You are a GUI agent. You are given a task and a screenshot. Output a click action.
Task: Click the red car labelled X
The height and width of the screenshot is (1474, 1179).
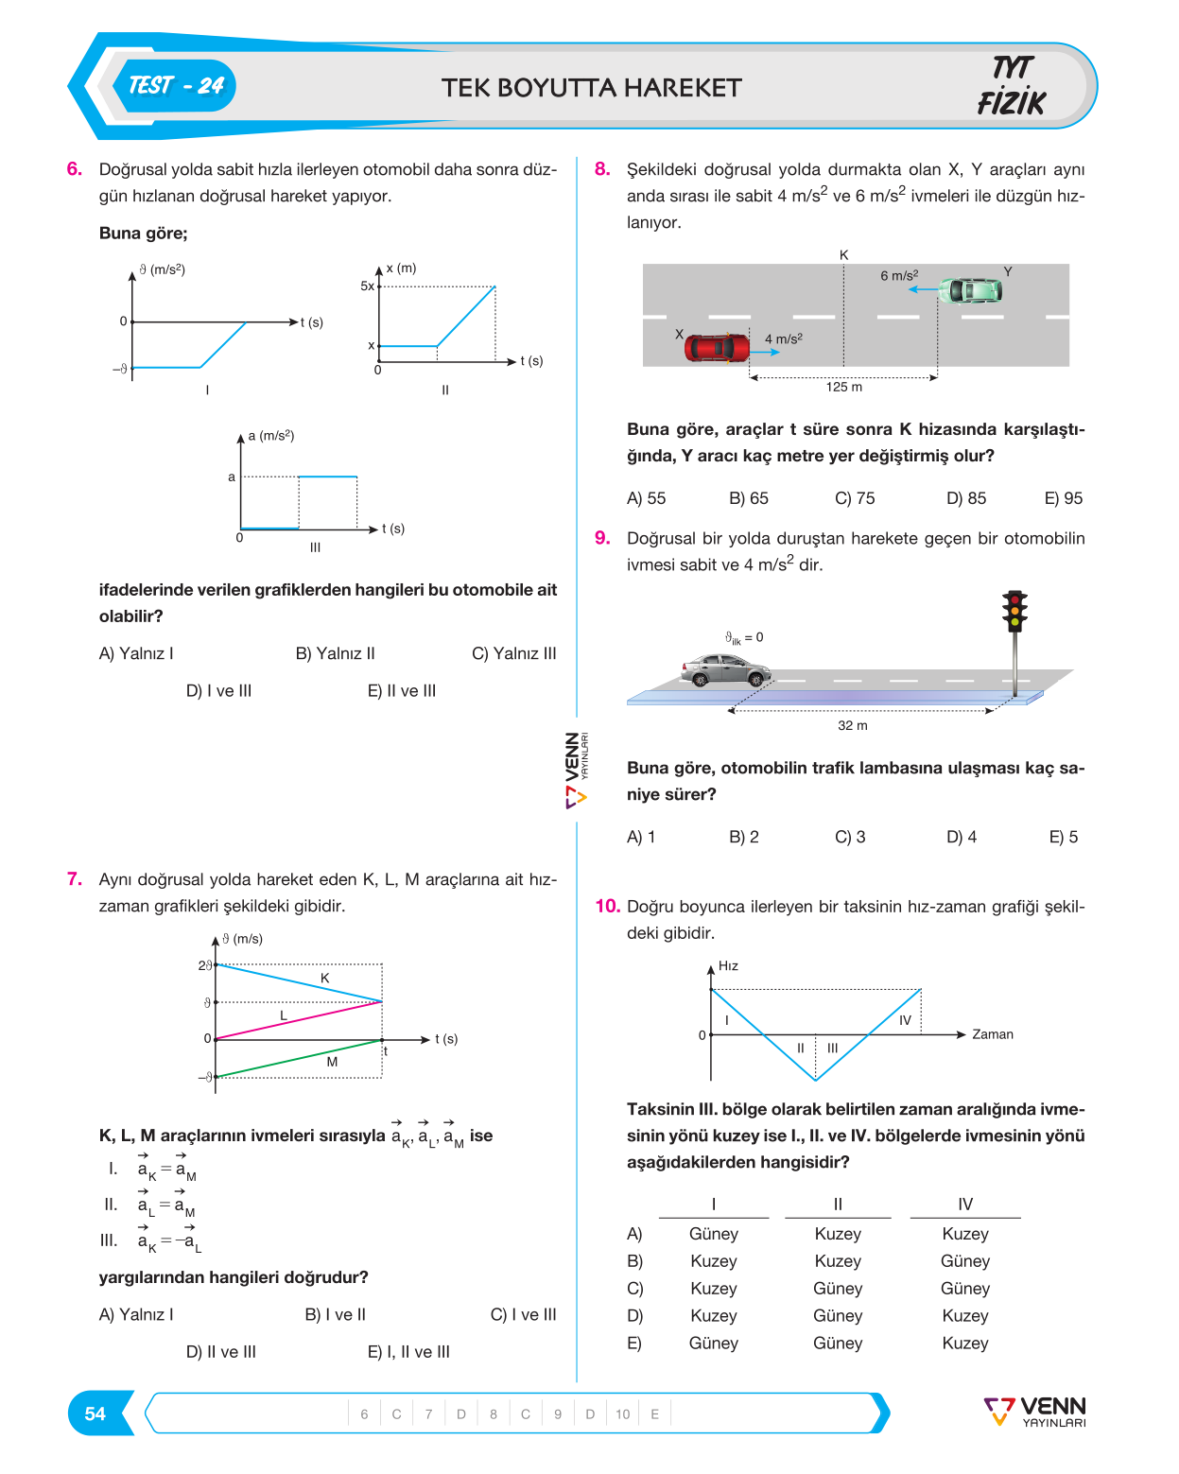pos(716,347)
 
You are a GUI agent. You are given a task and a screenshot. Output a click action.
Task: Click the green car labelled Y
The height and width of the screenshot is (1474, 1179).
pos(969,289)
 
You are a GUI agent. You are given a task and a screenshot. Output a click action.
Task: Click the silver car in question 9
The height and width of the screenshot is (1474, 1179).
pos(725,670)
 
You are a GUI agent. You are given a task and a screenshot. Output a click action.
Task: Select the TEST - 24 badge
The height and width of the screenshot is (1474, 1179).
pos(176,86)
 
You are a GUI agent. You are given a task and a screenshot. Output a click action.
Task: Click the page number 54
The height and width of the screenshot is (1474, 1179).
pos(95,1413)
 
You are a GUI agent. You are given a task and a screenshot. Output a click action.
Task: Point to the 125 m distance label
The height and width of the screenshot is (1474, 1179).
pos(843,387)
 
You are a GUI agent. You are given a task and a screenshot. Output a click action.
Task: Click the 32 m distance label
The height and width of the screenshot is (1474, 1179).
pos(852,725)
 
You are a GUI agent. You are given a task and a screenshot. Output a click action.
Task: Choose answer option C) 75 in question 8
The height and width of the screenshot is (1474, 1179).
pos(854,498)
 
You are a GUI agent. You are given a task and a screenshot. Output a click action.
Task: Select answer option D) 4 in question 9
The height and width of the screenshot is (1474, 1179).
pos(961,837)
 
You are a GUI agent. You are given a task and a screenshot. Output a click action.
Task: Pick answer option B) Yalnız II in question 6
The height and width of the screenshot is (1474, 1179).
pos(335,653)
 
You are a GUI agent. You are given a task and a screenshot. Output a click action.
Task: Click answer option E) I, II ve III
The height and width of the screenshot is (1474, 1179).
pos(408,1351)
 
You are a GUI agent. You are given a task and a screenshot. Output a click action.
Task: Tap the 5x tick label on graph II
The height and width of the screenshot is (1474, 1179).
pos(367,286)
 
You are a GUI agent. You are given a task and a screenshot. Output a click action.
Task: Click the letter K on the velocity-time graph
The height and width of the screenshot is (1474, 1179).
pos(324,979)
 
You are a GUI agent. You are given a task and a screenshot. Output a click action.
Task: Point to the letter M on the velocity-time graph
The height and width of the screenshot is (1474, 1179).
pos(332,1062)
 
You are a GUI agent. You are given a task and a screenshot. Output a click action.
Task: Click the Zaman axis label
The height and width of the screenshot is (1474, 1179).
pos(992,1034)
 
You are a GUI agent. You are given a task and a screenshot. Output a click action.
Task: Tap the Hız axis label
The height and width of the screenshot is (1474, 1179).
pos(728,965)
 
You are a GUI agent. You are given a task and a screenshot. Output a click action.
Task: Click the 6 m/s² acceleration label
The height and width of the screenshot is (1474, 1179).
pos(899,275)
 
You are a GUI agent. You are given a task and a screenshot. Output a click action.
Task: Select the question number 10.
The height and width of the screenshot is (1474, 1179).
pos(607,906)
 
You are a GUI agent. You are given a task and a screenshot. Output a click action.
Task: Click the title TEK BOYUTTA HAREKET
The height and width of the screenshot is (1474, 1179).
pos(591,88)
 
